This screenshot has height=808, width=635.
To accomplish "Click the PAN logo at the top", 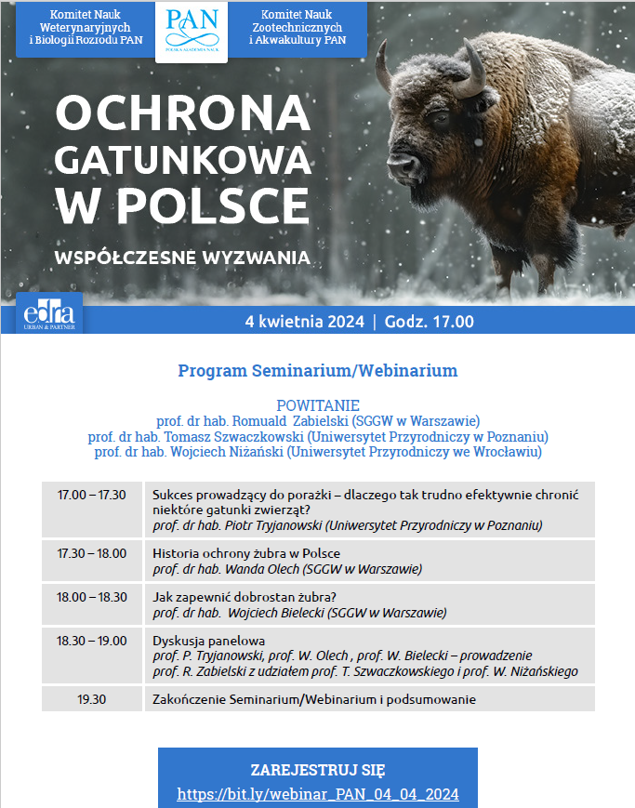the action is [192, 32].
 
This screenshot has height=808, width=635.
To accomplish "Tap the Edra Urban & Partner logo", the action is [49, 313].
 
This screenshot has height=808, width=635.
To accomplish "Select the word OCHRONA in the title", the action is [183, 113].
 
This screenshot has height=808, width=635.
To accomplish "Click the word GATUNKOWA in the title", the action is [183, 160].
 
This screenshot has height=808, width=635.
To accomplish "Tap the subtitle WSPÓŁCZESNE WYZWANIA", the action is [182, 258].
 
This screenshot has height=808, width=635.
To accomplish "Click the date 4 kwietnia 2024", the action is [305, 322].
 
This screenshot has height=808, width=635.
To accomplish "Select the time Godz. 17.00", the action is [430, 322].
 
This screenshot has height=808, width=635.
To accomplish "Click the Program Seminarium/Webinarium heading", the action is [318, 370].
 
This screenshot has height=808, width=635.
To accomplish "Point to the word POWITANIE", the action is [318, 405].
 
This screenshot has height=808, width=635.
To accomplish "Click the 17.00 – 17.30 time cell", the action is [92, 495].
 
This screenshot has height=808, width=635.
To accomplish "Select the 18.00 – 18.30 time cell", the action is [92, 597].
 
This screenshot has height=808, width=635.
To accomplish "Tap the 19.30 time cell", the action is [92, 699].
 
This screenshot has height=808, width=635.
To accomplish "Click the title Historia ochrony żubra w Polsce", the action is [246, 553].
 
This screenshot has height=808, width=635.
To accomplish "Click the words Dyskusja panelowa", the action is [209, 641].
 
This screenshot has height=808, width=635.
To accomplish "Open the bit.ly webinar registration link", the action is [318, 793].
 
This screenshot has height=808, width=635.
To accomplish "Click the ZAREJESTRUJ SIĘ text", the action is [318, 771].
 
